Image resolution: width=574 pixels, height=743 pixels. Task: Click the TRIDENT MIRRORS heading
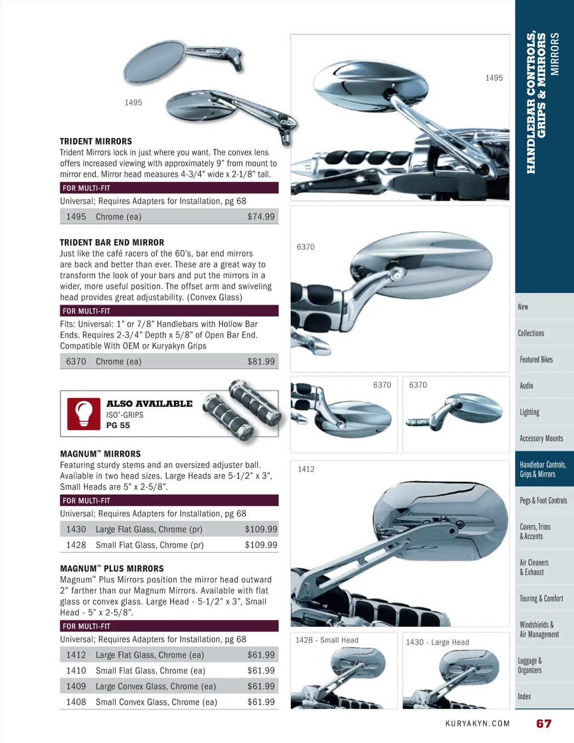(96, 142)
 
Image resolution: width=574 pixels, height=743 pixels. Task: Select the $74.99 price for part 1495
(261, 217)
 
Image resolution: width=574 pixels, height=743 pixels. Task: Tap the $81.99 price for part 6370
(261, 361)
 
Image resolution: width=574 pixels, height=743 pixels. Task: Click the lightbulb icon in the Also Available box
(84, 414)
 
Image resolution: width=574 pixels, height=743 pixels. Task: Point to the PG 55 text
(118, 425)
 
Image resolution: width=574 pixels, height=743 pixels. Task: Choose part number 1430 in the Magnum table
(76, 529)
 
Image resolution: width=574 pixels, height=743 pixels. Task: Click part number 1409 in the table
(76, 686)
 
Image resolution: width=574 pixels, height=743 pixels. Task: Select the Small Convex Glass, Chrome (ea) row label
(156, 702)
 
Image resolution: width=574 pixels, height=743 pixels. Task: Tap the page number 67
(543, 723)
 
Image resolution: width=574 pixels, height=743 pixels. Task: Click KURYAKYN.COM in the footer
(477, 723)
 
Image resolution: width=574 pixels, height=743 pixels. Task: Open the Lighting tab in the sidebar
(530, 412)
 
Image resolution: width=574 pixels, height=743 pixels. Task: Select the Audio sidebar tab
(526, 385)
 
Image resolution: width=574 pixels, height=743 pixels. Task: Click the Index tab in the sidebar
(524, 696)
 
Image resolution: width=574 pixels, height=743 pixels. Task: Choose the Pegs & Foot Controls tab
(543, 500)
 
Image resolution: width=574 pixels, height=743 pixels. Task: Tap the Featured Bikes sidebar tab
(536, 359)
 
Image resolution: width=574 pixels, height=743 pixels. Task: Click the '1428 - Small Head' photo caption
(327, 640)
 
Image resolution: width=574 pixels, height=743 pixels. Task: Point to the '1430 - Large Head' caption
(437, 642)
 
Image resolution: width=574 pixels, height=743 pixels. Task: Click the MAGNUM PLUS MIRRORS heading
(112, 568)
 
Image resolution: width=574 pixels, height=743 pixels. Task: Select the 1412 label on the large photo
(306, 469)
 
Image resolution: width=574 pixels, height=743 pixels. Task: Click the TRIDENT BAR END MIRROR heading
(112, 242)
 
